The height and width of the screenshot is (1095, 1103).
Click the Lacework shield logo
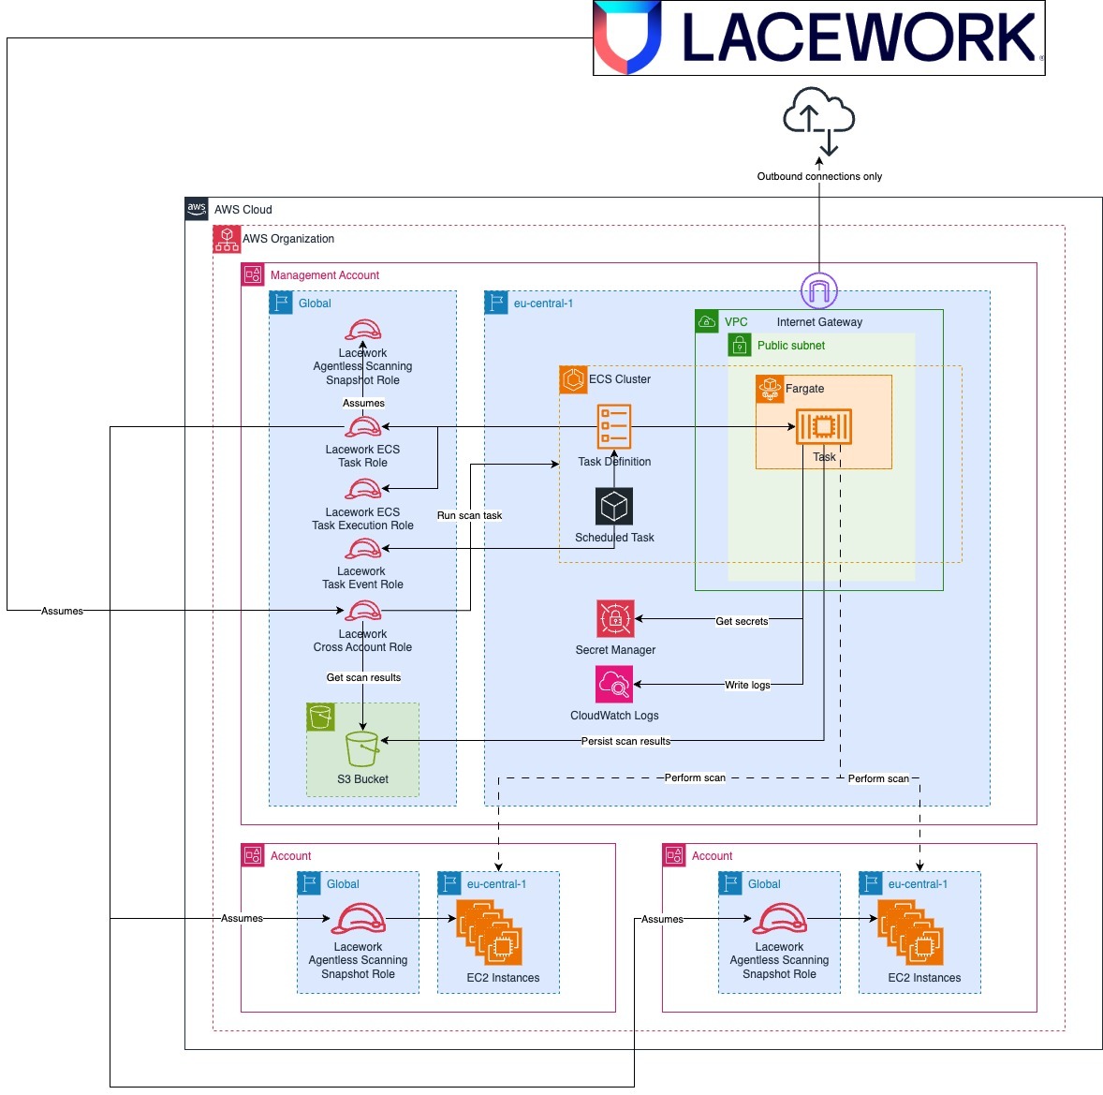(x=628, y=37)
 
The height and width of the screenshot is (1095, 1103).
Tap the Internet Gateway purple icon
(x=819, y=290)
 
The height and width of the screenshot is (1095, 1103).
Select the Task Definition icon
(x=614, y=427)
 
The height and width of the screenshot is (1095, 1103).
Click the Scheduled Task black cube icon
(x=614, y=507)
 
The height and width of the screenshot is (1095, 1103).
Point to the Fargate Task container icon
(x=823, y=427)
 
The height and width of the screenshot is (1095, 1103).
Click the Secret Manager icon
(x=615, y=619)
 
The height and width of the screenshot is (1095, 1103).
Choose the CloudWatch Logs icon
(x=614, y=685)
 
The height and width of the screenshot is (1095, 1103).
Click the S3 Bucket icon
(x=362, y=749)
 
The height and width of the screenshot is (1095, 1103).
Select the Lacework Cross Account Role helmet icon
(x=363, y=612)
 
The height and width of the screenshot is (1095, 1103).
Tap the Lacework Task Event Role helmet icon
(x=363, y=550)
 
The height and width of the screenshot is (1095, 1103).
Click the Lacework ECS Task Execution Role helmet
(x=362, y=489)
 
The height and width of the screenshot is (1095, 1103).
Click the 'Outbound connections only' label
(x=819, y=176)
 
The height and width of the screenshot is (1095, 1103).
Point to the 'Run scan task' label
(x=469, y=515)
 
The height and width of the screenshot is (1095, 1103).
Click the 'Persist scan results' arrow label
(x=625, y=741)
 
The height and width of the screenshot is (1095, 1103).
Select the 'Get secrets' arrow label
(x=742, y=621)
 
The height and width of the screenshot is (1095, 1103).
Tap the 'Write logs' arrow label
(x=747, y=685)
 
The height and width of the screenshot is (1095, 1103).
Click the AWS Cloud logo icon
(x=197, y=209)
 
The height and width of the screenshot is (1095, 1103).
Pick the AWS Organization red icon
(x=227, y=239)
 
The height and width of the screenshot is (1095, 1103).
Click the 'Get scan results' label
(x=363, y=677)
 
